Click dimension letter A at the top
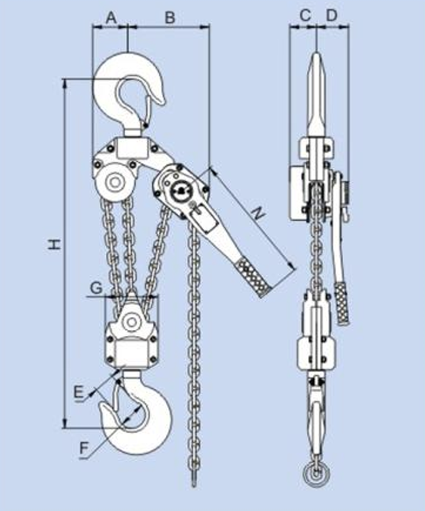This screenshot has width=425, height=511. [110, 18]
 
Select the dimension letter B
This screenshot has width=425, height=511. [169, 18]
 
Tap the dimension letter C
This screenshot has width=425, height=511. [304, 16]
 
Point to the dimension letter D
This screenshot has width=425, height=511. [332, 16]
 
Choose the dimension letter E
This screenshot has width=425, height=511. [78, 391]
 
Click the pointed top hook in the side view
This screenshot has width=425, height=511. [316, 94]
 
